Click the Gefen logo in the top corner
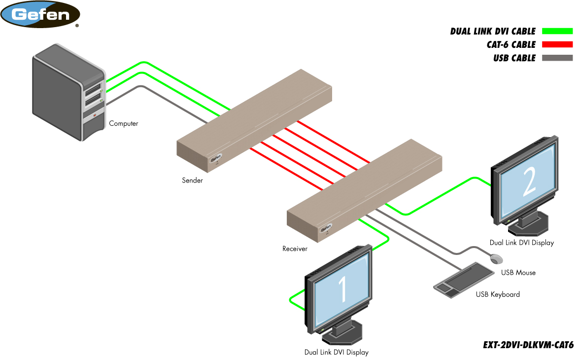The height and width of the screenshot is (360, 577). click(x=40, y=14)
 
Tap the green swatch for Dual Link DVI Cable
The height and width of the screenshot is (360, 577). click(x=557, y=32)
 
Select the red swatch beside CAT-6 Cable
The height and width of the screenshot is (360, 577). click(x=557, y=45)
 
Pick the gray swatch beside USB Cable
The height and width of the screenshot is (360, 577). click(x=557, y=58)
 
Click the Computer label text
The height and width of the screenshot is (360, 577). click(x=124, y=123)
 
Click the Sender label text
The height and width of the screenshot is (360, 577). click(x=192, y=180)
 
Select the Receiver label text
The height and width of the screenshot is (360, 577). click(x=295, y=249)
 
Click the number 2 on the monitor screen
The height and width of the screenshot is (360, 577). click(x=529, y=183)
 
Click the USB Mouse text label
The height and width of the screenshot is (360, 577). click(x=518, y=272)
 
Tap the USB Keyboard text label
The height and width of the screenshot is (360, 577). click(x=498, y=294)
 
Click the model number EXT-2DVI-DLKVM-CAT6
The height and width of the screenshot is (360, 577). click(x=528, y=345)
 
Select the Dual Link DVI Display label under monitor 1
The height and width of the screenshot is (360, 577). click(x=336, y=352)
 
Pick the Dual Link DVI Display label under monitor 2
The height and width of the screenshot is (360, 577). click(x=522, y=243)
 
